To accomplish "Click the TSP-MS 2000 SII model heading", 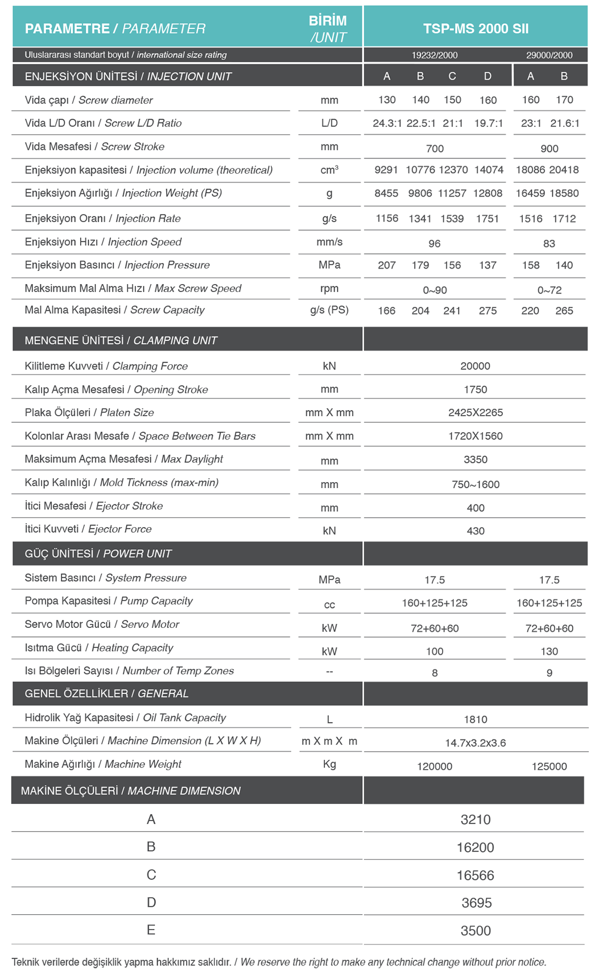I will [x=476, y=28].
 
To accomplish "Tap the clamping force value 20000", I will [x=475, y=366].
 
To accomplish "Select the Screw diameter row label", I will [x=89, y=100].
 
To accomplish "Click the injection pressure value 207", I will [x=387, y=265].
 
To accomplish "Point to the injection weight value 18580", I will [x=564, y=194].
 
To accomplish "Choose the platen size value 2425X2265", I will [x=476, y=413].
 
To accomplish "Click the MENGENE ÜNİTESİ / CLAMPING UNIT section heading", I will [x=121, y=340].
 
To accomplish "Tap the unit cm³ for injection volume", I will [x=329, y=170].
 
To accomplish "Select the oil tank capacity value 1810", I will [x=476, y=720].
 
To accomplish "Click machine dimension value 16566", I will [x=476, y=876].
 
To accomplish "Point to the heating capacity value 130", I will [x=549, y=651].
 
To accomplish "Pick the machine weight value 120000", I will [x=435, y=766].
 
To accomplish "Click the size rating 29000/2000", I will [x=549, y=55].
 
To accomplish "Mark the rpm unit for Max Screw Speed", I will [x=329, y=289].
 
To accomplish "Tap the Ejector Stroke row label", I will [x=94, y=506].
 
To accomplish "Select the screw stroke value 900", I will [x=549, y=149].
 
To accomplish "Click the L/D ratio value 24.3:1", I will [x=387, y=124].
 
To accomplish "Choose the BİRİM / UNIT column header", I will [x=328, y=29].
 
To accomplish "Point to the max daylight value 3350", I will [x=476, y=459].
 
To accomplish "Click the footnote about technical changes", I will [x=279, y=962].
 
